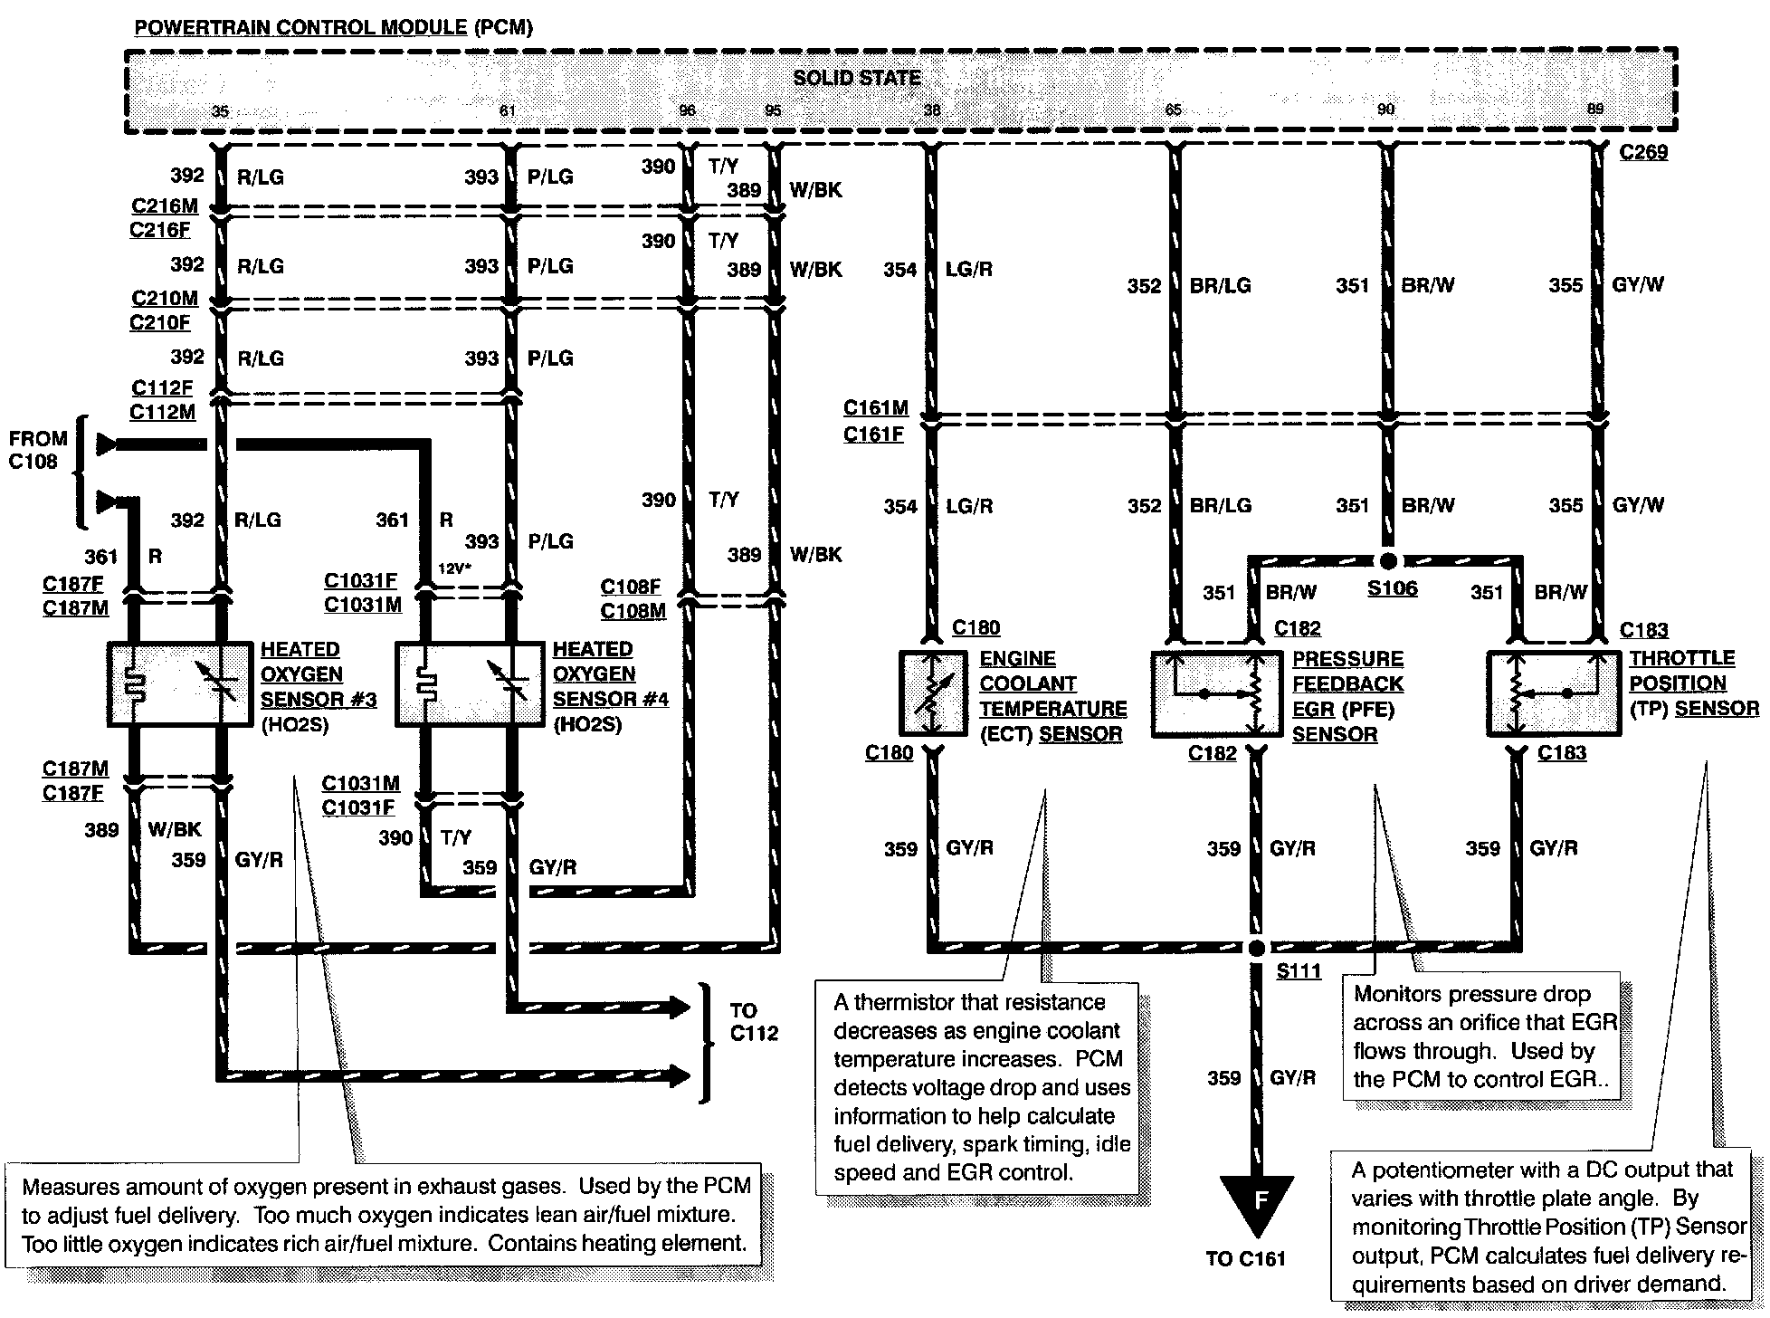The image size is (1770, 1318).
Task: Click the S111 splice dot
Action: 1256,948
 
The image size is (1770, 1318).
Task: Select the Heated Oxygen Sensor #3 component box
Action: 179,684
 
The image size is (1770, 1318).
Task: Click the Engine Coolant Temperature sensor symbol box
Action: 934,692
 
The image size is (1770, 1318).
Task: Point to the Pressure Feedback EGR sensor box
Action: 1216,692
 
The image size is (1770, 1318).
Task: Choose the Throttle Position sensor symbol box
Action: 1553,692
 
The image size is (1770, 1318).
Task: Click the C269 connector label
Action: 1643,152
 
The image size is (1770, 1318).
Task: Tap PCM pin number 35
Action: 220,111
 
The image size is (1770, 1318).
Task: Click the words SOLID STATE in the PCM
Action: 856,78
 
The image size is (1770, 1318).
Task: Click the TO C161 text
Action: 1246,1258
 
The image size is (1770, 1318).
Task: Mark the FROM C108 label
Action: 38,450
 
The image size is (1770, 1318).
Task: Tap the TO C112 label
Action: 754,1022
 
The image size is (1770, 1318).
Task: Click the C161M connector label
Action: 875,408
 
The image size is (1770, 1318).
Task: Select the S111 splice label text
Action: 1299,971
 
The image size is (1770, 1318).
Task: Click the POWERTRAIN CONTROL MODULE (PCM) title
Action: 333,27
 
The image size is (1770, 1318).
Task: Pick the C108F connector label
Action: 631,587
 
